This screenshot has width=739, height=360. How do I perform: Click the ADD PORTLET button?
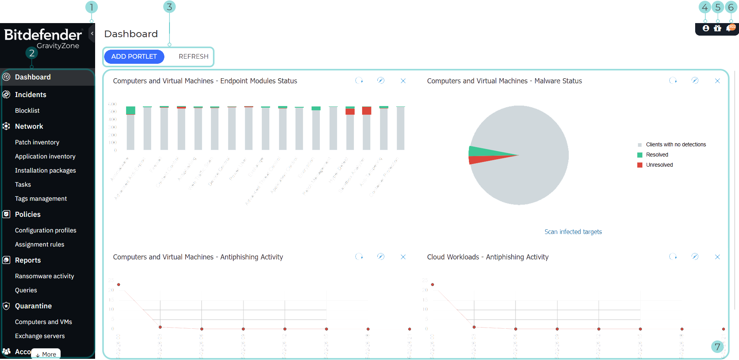(x=134, y=56)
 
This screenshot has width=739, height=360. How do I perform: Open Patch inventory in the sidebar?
(x=37, y=142)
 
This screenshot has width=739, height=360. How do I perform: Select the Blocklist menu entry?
(x=27, y=111)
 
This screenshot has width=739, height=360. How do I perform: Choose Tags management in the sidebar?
(x=41, y=199)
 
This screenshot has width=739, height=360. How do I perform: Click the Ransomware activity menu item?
(x=44, y=276)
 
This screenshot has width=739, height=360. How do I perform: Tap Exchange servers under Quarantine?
(x=40, y=336)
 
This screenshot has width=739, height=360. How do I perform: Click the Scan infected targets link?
(x=573, y=232)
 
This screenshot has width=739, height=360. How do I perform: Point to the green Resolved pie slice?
(x=485, y=151)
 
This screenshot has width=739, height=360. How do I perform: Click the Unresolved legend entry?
(x=659, y=165)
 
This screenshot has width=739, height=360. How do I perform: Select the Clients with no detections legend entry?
(x=676, y=145)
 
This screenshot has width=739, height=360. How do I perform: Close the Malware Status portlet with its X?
(x=717, y=81)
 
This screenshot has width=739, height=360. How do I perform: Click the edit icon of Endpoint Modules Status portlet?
(x=380, y=81)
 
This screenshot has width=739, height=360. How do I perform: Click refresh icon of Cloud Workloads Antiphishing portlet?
(x=673, y=257)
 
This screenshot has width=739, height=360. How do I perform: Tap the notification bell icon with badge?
(x=730, y=28)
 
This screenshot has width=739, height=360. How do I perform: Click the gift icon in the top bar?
(x=717, y=28)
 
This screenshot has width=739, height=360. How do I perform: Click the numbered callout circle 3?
(x=169, y=7)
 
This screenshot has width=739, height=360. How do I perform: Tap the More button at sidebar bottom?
(x=46, y=354)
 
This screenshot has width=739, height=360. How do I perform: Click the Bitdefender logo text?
(x=43, y=35)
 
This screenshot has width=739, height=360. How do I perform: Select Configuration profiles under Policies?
(x=45, y=230)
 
